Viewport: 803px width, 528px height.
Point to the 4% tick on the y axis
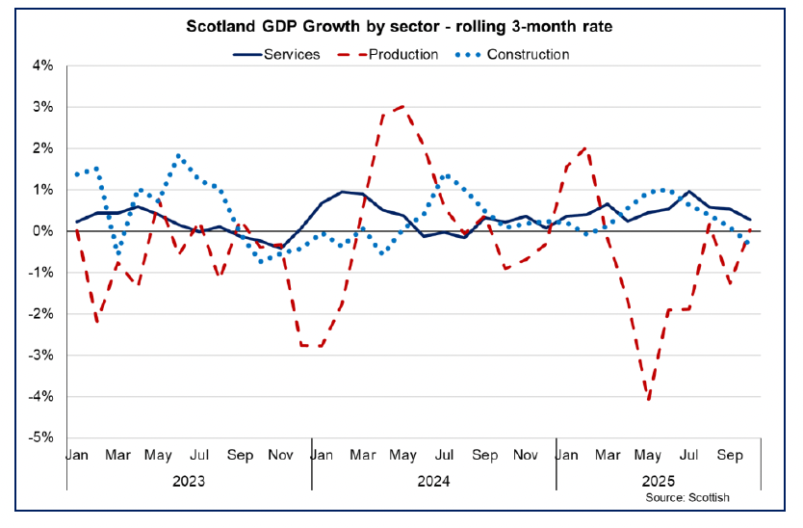[43, 66]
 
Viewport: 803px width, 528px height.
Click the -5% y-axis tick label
[41, 437]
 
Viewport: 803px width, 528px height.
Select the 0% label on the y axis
[43, 231]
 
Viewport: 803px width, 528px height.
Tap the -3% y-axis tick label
[41, 356]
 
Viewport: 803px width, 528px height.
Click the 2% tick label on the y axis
[43, 148]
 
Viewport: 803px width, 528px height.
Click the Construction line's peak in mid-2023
[179, 155]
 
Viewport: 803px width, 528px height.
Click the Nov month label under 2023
[281, 453]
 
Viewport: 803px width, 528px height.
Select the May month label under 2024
[403, 453]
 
